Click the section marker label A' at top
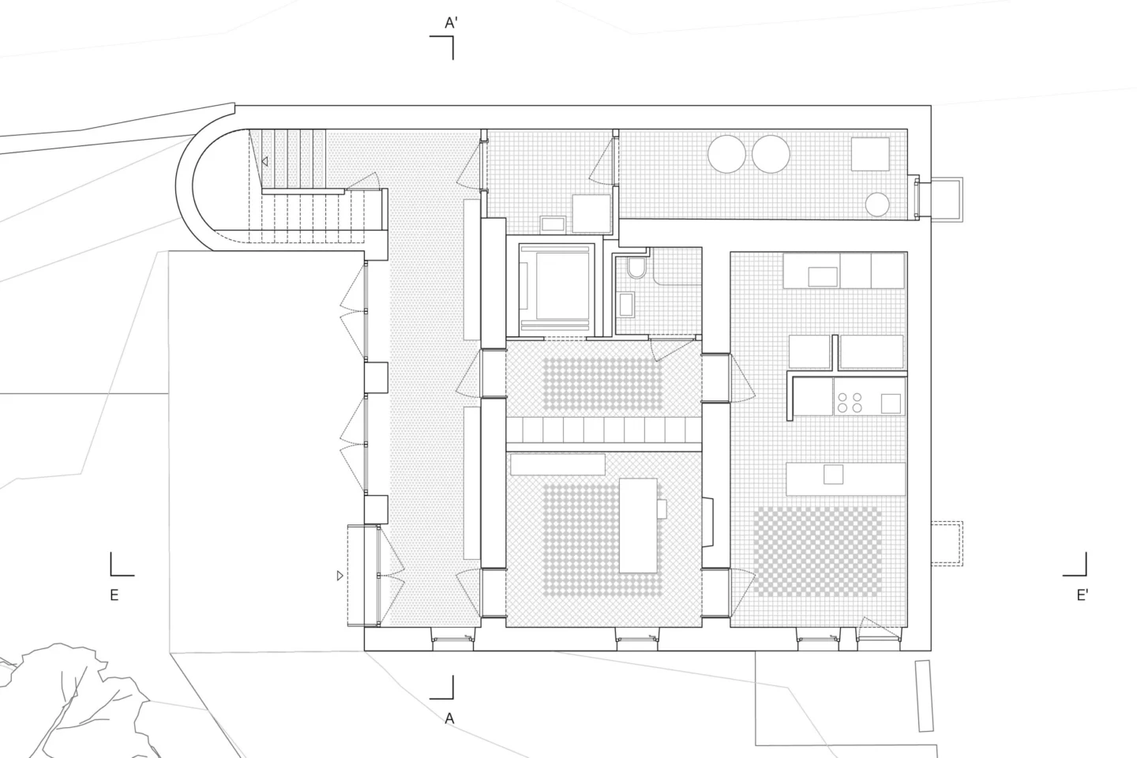click(x=451, y=24)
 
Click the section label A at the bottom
click(x=449, y=718)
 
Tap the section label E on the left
click(x=114, y=595)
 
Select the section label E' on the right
click(x=1083, y=595)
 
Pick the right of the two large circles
click(x=771, y=153)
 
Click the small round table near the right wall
click(x=877, y=205)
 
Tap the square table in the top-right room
click(x=869, y=154)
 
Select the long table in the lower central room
click(x=638, y=525)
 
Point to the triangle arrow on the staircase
click(x=265, y=161)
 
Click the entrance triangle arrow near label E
click(x=340, y=576)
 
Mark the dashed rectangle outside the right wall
click(x=946, y=543)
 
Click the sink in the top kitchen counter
click(x=822, y=276)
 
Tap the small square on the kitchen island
click(x=833, y=475)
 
